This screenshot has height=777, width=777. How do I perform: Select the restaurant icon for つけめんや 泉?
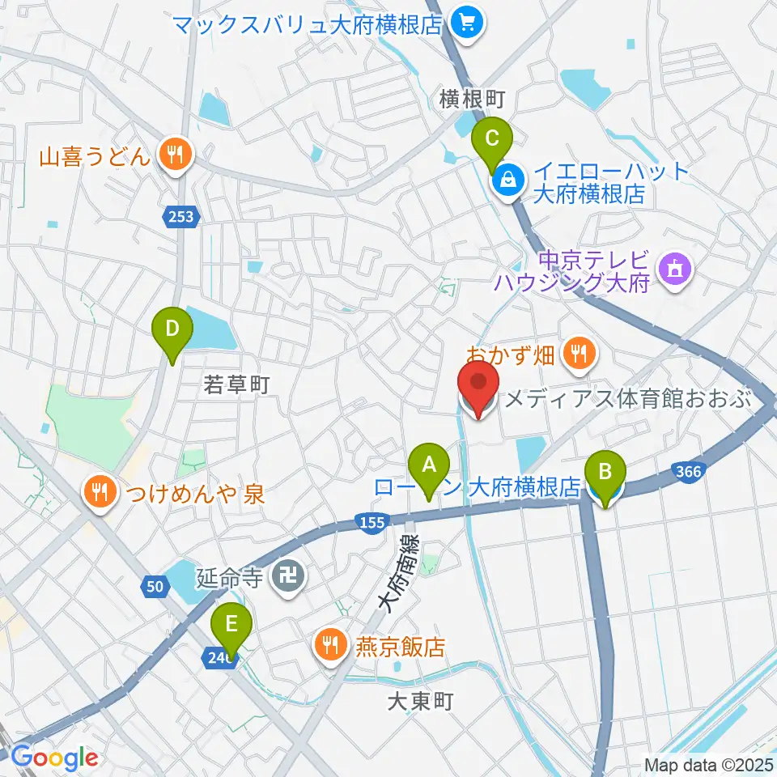coord(100,491)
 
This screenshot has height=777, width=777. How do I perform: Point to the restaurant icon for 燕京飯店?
coord(329,644)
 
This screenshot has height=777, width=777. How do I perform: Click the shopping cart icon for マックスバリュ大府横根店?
coord(467,24)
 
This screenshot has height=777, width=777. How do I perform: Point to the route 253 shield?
coord(181,216)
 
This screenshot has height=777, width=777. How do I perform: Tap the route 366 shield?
coord(687,472)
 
